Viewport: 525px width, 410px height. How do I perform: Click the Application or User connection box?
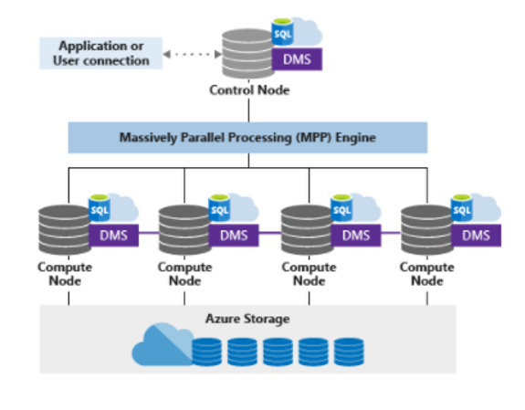pos(100,53)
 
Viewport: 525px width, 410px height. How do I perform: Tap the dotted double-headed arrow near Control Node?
pos(193,54)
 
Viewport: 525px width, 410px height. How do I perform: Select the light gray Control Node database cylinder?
pos(248,54)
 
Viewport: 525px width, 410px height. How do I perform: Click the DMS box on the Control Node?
pos(297,59)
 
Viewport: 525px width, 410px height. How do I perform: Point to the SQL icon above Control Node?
pos(283,32)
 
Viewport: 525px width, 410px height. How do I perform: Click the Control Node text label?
pos(249,90)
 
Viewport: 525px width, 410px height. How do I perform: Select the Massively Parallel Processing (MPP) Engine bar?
pos(247,138)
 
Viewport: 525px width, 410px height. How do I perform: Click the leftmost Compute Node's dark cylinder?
pos(65,230)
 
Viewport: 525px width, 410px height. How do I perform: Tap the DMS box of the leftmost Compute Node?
pos(114,236)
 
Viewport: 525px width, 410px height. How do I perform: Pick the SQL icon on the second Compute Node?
pos(219,208)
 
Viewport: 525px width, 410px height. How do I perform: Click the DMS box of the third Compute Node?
pos(356,236)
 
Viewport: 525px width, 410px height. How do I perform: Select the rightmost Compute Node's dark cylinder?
pos(427,230)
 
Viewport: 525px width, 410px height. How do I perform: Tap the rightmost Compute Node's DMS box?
pos(476,236)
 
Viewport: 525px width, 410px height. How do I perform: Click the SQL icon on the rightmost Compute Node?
pos(462,208)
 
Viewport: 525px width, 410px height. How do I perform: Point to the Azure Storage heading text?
pos(247,319)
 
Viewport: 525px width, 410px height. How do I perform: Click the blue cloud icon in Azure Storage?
pos(163,345)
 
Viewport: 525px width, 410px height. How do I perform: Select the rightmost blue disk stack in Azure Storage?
pos(349,352)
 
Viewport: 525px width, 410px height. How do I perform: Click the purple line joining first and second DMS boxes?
pos(149,233)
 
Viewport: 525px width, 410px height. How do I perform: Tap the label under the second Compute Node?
pos(184,274)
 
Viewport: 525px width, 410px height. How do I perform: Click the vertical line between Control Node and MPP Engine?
pos(248,110)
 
